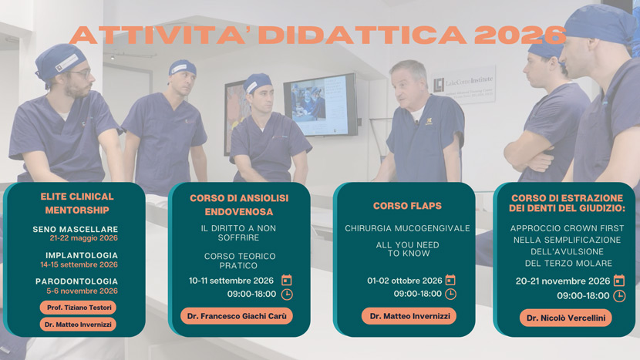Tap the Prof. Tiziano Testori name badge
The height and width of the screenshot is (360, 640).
tap(78, 308)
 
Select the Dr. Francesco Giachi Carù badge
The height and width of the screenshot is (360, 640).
tap(237, 316)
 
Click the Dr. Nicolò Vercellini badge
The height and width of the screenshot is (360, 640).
tap(566, 318)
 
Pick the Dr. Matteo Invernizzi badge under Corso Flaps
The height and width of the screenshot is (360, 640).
tap(409, 316)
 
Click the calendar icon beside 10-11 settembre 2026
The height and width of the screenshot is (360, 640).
tap(287, 281)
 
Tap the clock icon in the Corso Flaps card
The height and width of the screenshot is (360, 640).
tap(450, 294)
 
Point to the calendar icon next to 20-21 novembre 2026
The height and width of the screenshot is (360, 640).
tap(619, 281)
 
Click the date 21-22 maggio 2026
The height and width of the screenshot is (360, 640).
tap(83, 238)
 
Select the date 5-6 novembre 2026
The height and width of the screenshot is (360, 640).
tap(82, 291)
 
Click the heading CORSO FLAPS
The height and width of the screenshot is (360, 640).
tap(407, 206)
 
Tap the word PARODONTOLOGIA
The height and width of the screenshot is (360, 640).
tap(77, 281)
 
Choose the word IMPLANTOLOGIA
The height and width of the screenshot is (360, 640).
tap(82, 255)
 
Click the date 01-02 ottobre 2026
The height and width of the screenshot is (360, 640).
tap(405, 281)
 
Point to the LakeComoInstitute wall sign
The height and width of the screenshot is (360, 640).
tap(463, 85)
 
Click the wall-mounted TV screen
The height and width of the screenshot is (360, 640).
tap(321, 106)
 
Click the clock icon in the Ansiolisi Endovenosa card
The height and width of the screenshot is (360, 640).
tap(287, 294)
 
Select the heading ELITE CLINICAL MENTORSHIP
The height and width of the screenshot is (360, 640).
tap(77, 204)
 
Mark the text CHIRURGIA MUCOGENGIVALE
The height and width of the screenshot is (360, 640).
tap(407, 229)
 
